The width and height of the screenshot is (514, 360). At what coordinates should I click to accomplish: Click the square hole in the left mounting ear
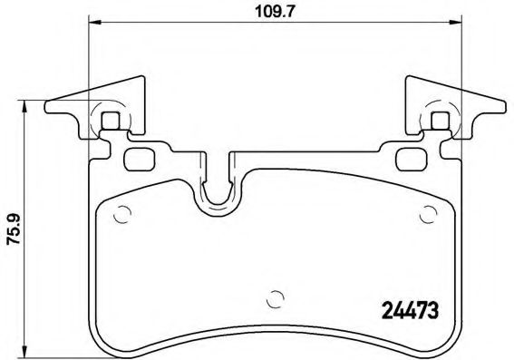tap(111, 120)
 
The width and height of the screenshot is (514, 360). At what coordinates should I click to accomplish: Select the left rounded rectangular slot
tap(141, 159)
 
